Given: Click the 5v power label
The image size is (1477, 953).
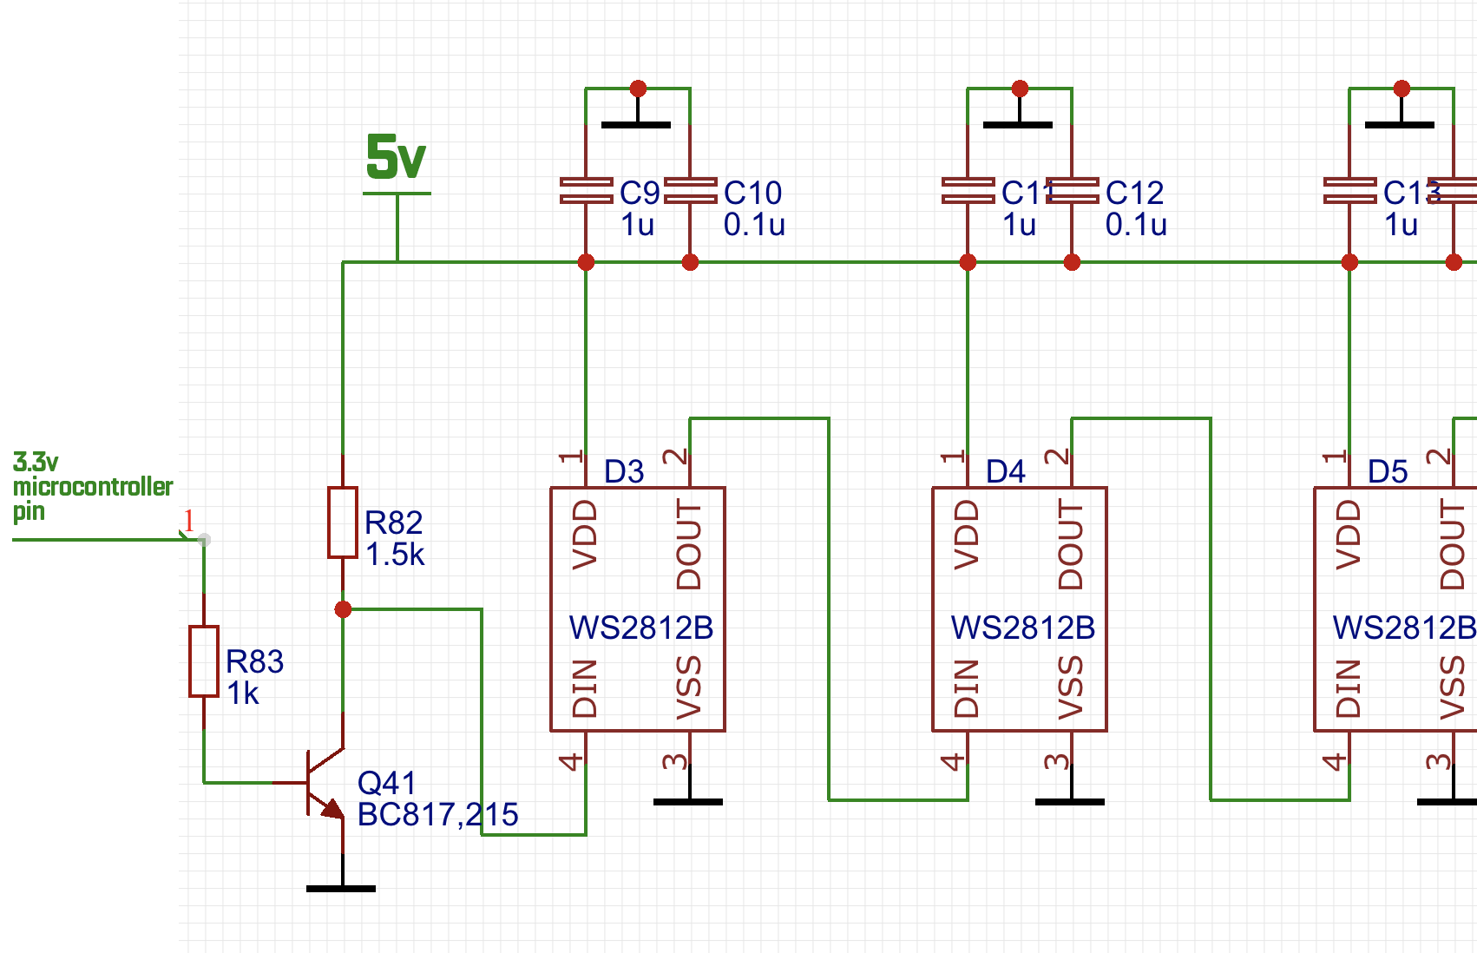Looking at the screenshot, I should (x=396, y=158).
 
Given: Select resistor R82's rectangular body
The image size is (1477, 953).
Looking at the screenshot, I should (x=343, y=523).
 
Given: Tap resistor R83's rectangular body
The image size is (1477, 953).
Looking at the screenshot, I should (x=204, y=661).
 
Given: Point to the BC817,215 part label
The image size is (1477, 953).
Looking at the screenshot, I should (x=437, y=815).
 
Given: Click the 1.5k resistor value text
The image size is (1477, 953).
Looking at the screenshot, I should (x=395, y=555).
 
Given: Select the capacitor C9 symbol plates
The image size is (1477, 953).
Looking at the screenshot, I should (x=587, y=191).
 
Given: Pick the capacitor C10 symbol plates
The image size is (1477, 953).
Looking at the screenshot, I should (x=691, y=191).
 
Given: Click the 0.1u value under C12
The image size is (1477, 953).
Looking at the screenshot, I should (x=1136, y=225).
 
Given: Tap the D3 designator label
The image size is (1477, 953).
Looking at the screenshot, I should (x=624, y=472).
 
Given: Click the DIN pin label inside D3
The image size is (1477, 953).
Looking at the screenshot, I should (x=586, y=688).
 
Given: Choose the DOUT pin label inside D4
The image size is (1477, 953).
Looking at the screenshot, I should (x=1071, y=545).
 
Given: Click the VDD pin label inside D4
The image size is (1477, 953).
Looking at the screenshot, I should (x=967, y=535).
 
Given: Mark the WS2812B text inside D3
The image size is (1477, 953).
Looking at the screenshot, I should (x=641, y=628).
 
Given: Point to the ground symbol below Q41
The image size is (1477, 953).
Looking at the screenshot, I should (x=341, y=888).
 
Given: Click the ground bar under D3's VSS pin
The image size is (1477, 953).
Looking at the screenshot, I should (x=688, y=801).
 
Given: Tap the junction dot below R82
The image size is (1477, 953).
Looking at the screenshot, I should (x=343, y=609).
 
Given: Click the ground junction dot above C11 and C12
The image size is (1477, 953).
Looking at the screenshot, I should (x=1020, y=89).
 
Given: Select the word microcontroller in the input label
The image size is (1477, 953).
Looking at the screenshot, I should (x=93, y=487).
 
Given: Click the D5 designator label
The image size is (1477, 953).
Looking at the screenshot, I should (x=1388, y=472).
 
